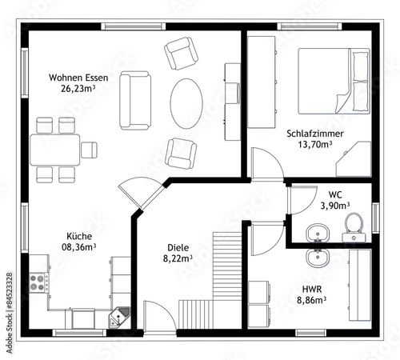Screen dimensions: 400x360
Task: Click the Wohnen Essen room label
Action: tap(78, 78)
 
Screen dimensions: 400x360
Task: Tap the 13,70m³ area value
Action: tap(315, 145)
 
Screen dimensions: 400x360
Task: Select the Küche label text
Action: tap(79, 236)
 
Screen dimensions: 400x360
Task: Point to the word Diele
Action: tap(178, 247)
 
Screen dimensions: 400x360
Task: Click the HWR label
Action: tap(312, 289)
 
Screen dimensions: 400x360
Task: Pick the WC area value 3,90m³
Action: tap(335, 206)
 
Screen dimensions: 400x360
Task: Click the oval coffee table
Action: tap(186, 103)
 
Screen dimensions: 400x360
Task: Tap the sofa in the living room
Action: tap(135, 101)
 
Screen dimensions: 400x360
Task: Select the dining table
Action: tap(55, 150)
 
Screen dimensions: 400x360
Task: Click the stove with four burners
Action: tap(38, 283)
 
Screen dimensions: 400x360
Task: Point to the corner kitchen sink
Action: tap(119, 317)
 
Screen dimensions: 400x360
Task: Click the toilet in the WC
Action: tap(354, 227)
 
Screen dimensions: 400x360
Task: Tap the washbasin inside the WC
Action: tap(318, 233)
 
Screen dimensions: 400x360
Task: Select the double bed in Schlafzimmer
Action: tap(334, 81)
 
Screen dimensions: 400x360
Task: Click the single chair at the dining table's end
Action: tap(89, 150)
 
